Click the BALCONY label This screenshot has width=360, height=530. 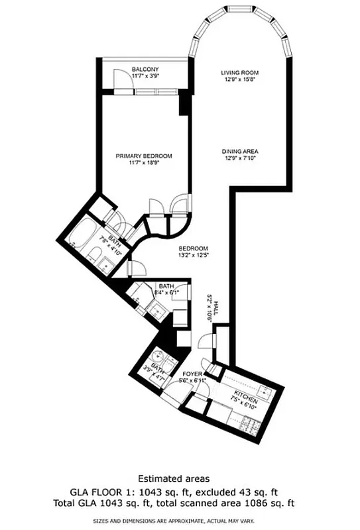[x=144, y=69]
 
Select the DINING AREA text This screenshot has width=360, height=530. [x=239, y=151]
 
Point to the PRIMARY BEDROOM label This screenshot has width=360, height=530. [x=144, y=156]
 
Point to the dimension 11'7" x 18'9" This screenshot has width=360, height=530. [x=144, y=163]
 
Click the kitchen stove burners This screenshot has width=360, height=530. [x=250, y=420]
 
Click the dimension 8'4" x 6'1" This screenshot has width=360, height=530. [x=168, y=292]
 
